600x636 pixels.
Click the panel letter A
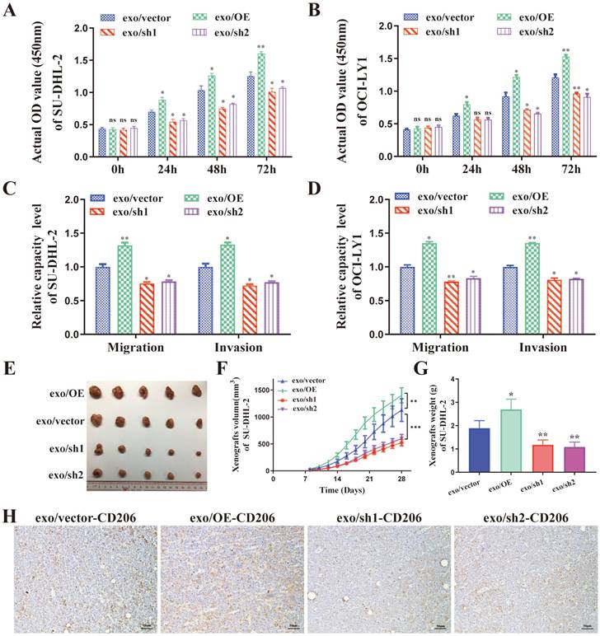[11, 12]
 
